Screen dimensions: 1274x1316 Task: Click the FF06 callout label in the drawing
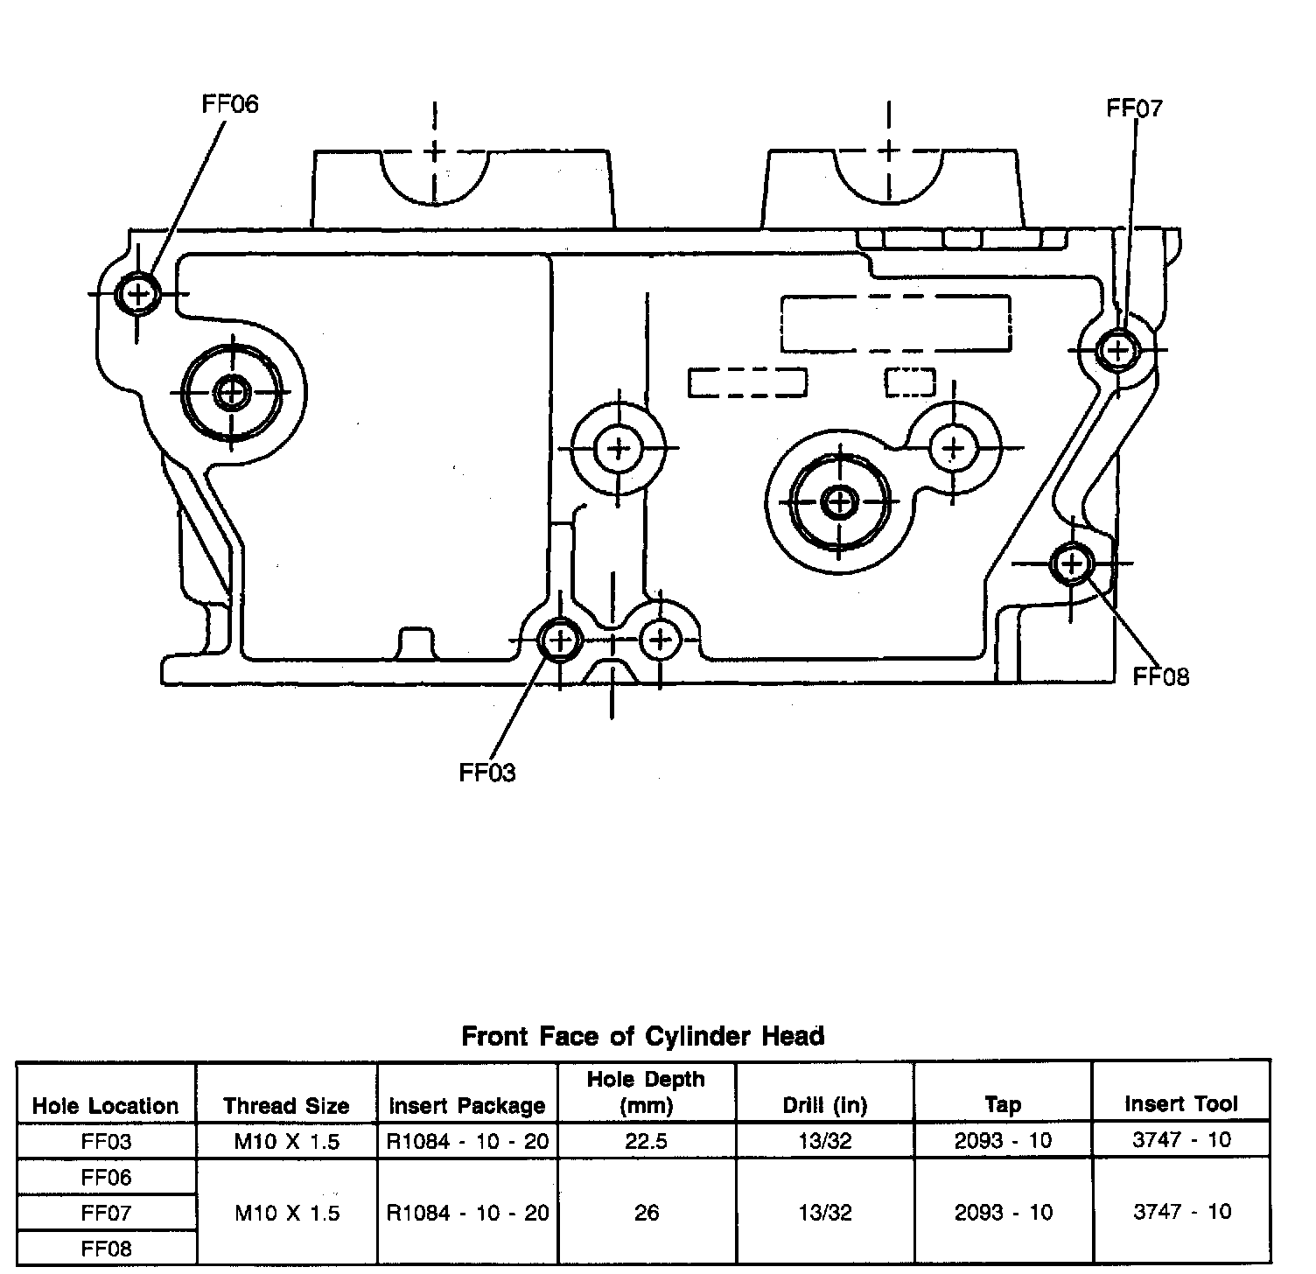(230, 104)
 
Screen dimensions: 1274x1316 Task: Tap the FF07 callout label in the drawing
(1134, 108)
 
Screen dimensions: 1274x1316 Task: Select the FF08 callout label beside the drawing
(1161, 676)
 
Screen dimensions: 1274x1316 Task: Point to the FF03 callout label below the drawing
(487, 773)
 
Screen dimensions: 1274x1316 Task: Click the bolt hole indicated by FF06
(138, 293)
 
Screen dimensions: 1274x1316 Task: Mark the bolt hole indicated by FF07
(1116, 350)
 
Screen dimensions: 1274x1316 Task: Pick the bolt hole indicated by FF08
(1071, 563)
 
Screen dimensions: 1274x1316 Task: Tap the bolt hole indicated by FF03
(559, 640)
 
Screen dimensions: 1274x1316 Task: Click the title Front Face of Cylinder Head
(643, 1037)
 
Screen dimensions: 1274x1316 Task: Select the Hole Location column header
(105, 1106)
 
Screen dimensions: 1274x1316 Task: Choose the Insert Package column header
(467, 1106)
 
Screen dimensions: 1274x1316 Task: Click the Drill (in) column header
(824, 1105)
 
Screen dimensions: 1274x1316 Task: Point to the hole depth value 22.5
(646, 1141)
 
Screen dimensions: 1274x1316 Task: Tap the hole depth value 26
(646, 1213)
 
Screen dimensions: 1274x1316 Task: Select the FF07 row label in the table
(106, 1213)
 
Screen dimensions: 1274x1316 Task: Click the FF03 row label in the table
(106, 1141)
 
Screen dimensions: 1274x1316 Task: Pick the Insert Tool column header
(1181, 1104)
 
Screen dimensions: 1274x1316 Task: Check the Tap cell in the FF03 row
(1003, 1141)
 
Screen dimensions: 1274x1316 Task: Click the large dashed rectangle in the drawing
(895, 324)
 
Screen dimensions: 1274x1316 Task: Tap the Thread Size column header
(286, 1106)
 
